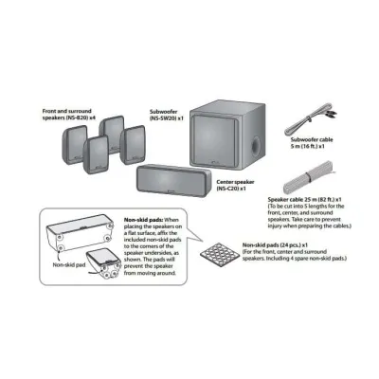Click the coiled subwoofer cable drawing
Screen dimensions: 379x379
tap(309, 118)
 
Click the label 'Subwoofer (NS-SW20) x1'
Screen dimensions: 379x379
tap(167, 115)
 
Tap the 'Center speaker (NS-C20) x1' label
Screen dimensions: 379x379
tap(235, 185)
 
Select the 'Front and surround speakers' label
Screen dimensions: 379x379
tap(69, 114)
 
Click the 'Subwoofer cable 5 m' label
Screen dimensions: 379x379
tap(312, 143)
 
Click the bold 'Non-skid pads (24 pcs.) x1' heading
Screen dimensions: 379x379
tap(275, 244)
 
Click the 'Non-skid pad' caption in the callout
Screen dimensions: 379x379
tap(69, 264)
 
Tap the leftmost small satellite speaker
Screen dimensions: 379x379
tap(74, 144)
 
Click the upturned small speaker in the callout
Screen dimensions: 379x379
tap(103, 264)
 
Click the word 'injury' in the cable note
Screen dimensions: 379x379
tap(275, 226)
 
